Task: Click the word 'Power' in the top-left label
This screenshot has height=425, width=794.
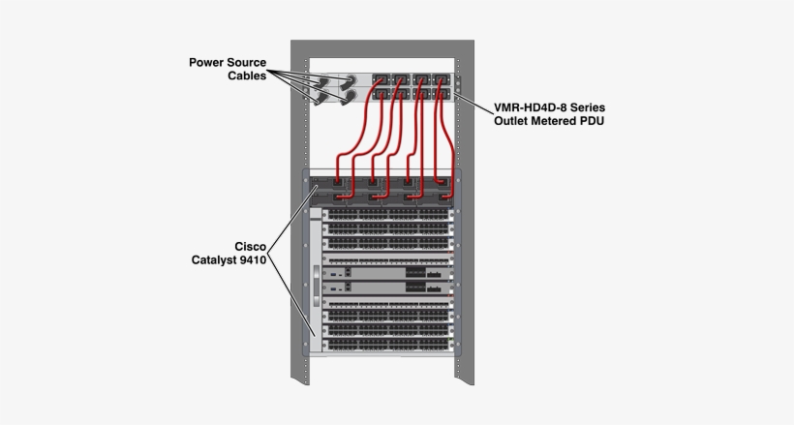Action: (x=208, y=63)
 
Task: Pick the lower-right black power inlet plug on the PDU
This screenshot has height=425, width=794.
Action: (x=346, y=96)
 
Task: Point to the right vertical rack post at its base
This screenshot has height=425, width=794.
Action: (x=470, y=397)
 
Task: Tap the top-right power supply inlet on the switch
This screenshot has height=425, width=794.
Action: (x=443, y=181)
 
